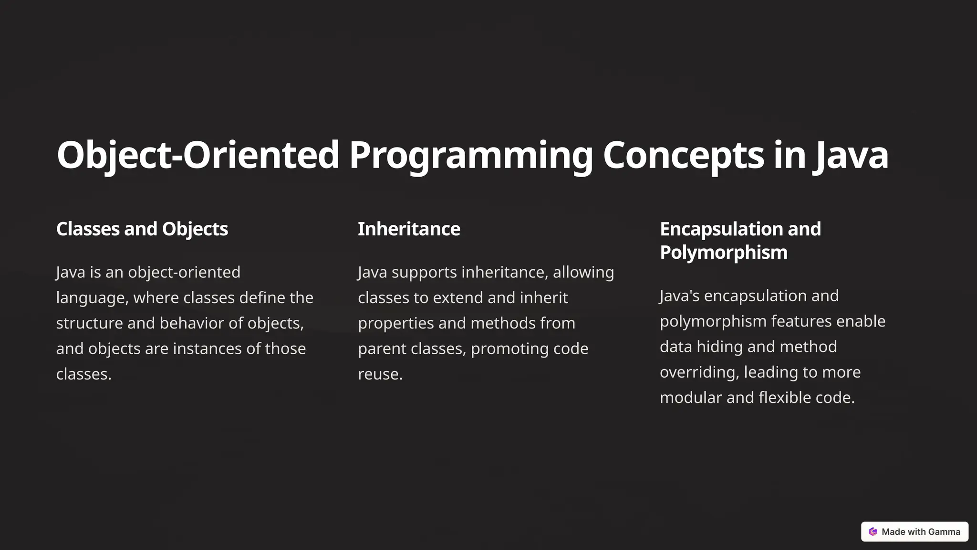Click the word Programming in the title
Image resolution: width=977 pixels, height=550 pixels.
click(x=470, y=156)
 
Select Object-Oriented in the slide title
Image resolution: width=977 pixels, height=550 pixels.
click(x=197, y=156)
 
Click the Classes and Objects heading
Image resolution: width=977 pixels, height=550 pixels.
click(x=142, y=229)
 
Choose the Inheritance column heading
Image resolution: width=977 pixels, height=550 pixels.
click(x=409, y=229)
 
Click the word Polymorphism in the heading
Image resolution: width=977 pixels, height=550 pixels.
click(x=723, y=253)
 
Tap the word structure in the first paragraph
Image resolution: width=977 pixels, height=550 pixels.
click(x=89, y=323)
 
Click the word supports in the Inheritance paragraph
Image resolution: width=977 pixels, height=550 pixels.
click(x=424, y=272)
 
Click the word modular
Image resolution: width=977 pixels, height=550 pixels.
click(x=691, y=398)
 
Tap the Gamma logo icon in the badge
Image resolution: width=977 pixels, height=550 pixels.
click(x=873, y=532)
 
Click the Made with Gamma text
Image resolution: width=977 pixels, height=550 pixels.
click(x=921, y=532)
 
